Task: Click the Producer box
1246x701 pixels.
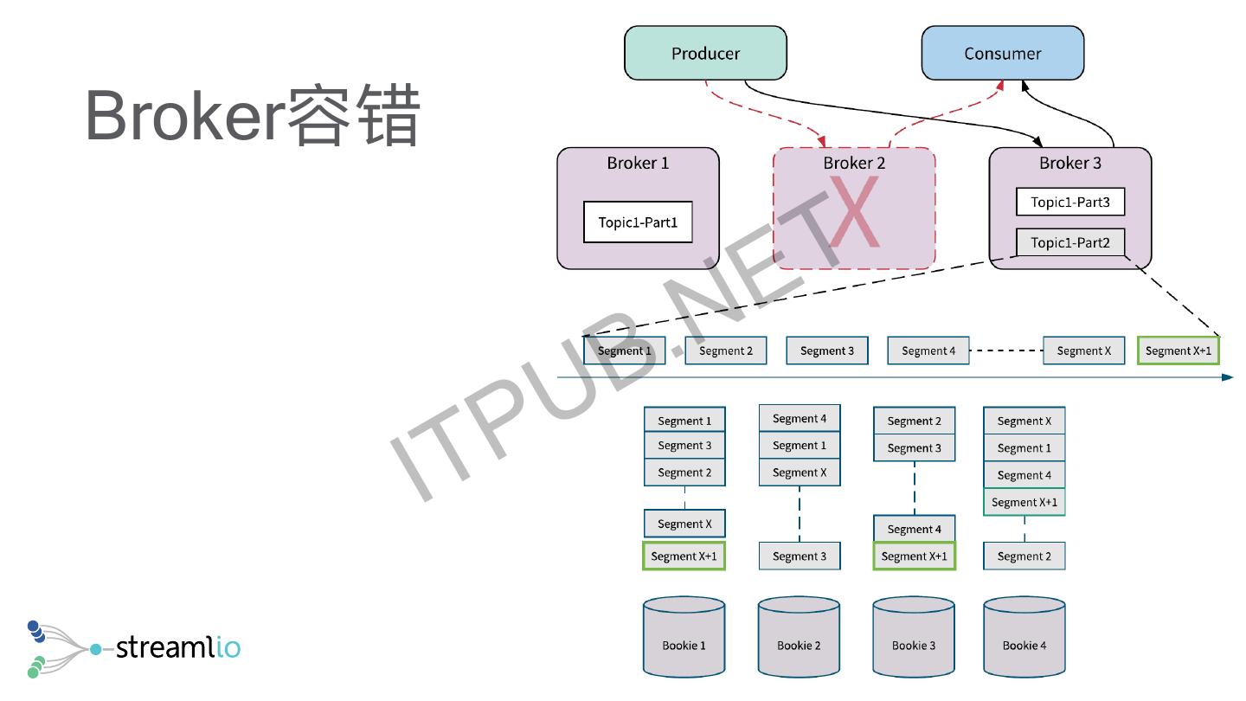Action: (705, 53)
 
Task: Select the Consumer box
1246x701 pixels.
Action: (1002, 53)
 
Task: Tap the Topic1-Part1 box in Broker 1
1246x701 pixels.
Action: (638, 222)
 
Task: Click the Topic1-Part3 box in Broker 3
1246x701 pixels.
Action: (1070, 203)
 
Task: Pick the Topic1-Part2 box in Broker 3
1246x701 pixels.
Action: (1070, 242)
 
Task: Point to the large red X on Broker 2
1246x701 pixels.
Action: (854, 213)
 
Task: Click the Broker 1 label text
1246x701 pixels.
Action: (638, 163)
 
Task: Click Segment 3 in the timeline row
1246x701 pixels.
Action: (826, 350)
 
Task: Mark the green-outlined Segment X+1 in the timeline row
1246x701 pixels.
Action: (1178, 350)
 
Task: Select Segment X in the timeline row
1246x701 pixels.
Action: (1083, 350)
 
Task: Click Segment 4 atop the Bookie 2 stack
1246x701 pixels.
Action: (800, 419)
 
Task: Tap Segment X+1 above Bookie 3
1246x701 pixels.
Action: (914, 556)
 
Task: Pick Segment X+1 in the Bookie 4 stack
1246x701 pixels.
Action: (1024, 502)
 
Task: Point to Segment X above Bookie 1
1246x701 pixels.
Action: (684, 524)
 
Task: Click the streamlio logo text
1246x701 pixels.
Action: (177, 646)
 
